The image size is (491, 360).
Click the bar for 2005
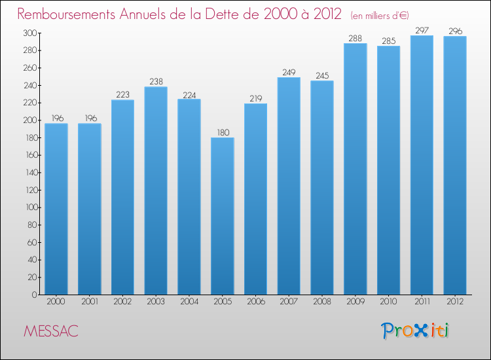click(x=223, y=216)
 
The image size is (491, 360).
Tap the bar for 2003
click(x=156, y=190)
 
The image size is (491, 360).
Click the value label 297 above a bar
click(x=422, y=30)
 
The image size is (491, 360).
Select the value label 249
click(x=289, y=72)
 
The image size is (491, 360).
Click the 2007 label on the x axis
click(x=289, y=302)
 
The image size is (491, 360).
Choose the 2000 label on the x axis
click(x=56, y=302)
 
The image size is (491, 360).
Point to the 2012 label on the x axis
click(x=455, y=302)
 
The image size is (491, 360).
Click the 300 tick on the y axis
click(x=29, y=33)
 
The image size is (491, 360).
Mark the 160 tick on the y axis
click(x=29, y=155)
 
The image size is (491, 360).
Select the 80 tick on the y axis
click(x=31, y=225)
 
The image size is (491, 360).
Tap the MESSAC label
click(x=50, y=331)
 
